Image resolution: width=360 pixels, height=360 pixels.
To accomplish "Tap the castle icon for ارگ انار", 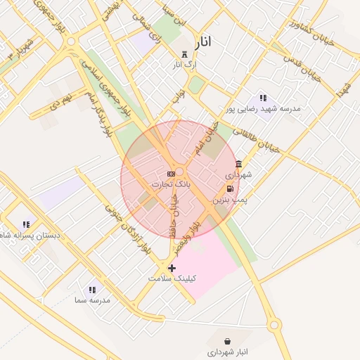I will (x=185, y=55).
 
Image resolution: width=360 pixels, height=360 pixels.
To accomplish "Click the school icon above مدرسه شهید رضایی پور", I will (x=263, y=98).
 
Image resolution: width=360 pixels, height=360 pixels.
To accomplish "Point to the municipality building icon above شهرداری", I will (x=238, y=164).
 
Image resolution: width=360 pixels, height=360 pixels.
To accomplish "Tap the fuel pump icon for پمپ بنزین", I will (x=231, y=188).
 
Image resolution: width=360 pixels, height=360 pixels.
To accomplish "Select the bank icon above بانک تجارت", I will (x=170, y=173).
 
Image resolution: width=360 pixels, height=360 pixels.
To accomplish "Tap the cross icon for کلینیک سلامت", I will (x=172, y=268).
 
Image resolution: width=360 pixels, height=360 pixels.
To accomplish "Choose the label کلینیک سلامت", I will (x=172, y=278).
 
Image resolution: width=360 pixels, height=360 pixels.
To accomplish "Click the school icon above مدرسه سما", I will (x=92, y=290).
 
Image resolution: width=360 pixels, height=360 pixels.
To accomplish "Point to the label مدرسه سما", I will (x=92, y=300).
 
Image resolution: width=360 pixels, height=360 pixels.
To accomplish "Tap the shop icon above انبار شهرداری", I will (x=227, y=341).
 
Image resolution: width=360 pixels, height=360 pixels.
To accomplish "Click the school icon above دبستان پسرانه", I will (x=26, y=225).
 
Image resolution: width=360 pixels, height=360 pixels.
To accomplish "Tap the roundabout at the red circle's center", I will (x=180, y=172).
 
